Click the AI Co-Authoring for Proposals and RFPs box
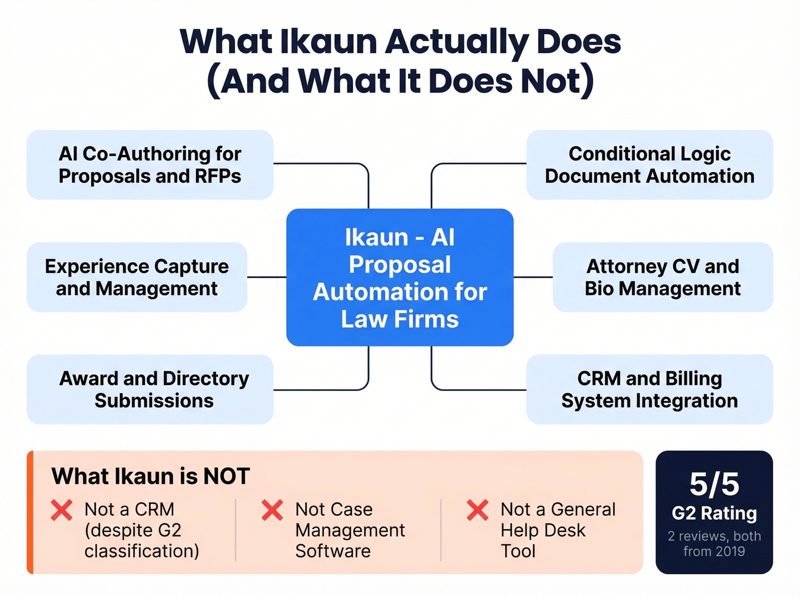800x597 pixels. coord(150,165)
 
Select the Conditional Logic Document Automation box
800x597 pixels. coord(649,165)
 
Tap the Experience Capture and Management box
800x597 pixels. coord(137,277)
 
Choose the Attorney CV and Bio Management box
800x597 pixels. coord(662,277)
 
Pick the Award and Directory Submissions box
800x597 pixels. coord(150,389)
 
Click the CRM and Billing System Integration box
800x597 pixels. coord(649,389)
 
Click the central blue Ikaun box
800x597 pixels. coord(399,277)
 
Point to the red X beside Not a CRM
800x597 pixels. coord(62,510)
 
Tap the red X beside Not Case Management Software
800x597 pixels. coord(272,510)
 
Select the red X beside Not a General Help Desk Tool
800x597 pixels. coord(477,510)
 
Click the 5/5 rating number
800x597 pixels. coord(714,484)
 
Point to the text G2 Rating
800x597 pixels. coord(714,514)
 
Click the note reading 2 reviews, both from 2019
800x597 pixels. coord(714,544)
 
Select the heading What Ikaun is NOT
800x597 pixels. coord(151,476)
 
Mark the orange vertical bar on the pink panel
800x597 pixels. coord(30,512)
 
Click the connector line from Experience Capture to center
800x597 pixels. coord(266,277)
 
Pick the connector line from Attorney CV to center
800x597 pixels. coord(533,277)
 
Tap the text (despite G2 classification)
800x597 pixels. coord(142,540)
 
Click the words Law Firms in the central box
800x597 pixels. coord(399,319)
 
